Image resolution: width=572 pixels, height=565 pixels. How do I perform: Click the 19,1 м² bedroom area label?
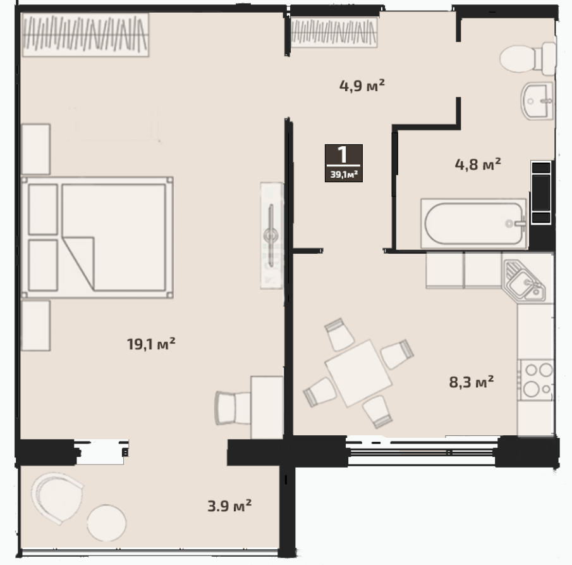click(151, 344)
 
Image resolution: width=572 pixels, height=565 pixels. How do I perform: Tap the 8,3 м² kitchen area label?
click(472, 382)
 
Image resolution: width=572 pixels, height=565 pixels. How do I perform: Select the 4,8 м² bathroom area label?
click(478, 165)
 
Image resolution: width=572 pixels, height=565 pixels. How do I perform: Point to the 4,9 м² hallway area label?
click(362, 86)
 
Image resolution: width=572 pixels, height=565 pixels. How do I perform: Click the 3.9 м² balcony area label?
click(229, 506)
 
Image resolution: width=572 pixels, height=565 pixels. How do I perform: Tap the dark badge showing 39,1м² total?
click(344, 163)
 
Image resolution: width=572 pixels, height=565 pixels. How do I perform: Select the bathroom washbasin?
click(537, 101)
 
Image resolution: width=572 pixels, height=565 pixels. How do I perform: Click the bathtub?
click(474, 223)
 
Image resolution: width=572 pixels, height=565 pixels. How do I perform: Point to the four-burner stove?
click(536, 380)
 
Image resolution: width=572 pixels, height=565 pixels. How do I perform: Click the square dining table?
click(358, 373)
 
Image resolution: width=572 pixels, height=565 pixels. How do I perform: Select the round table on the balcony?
click(107, 523)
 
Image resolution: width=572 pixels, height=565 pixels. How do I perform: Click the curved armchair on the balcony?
click(56, 497)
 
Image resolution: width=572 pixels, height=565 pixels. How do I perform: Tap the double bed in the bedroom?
click(97, 237)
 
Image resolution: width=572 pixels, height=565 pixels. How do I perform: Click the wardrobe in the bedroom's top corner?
click(85, 35)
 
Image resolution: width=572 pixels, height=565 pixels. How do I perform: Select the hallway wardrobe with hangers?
click(334, 32)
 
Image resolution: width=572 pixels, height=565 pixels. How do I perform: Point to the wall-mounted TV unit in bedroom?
click(271, 235)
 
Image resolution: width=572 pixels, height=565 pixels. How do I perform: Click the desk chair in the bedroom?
click(233, 408)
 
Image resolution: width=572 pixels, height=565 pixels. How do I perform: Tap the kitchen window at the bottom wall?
click(422, 452)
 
